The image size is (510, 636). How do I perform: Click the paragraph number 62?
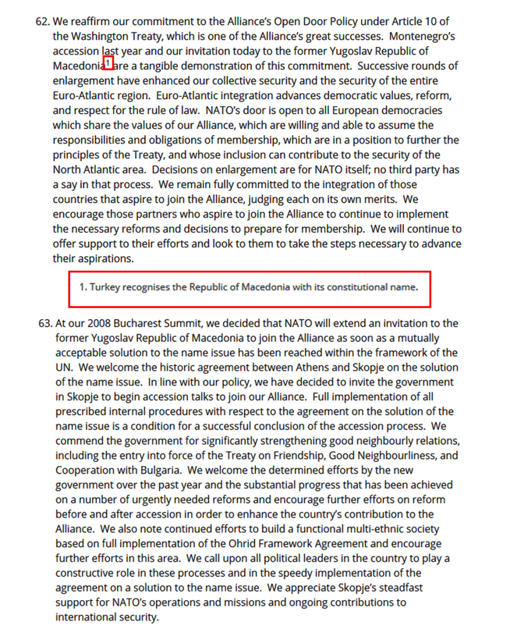click(42, 22)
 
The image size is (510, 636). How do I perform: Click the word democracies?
click(412, 110)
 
